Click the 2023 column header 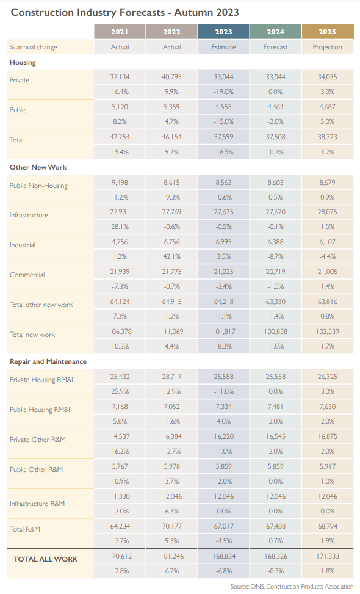pyautogui.click(x=223, y=32)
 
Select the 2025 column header pyautogui.click(x=328, y=32)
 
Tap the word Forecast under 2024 pyautogui.click(x=275, y=47)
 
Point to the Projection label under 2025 pyautogui.click(x=328, y=47)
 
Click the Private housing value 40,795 pyautogui.click(x=171, y=77)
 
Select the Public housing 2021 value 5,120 pyautogui.click(x=120, y=107)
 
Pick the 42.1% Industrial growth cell pyautogui.click(x=171, y=256)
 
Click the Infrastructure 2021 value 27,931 pyautogui.click(x=120, y=212)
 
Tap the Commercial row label pyautogui.click(x=27, y=275)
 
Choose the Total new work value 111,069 pyautogui.click(x=171, y=331)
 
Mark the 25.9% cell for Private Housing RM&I pyautogui.click(x=120, y=391)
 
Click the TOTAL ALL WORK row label pyautogui.click(x=45, y=559)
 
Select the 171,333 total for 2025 pyautogui.click(x=328, y=556)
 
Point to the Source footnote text pyautogui.click(x=292, y=587)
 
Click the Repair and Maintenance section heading pyautogui.click(x=48, y=361)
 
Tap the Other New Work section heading pyautogui.click(x=38, y=167)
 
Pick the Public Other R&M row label pyautogui.click(x=37, y=469)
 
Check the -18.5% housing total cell pyautogui.click(x=223, y=152)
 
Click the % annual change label pyautogui.click(x=34, y=48)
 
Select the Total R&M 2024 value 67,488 pyautogui.click(x=275, y=526)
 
